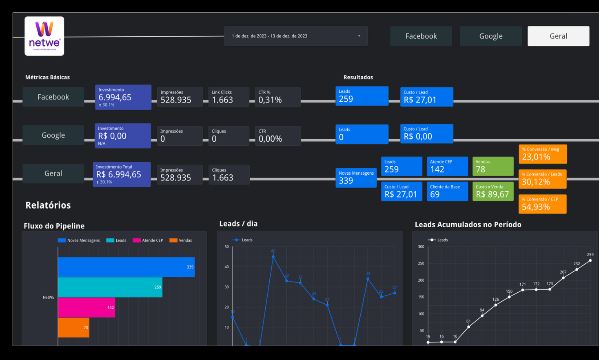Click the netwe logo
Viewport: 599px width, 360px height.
coord(44,36)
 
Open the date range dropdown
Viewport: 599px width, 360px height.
coord(295,36)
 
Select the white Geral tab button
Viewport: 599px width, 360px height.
coord(558,36)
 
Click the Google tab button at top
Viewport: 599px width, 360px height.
coord(490,36)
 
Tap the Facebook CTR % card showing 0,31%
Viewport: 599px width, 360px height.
coord(277,97)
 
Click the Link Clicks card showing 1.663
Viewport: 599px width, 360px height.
coord(229,97)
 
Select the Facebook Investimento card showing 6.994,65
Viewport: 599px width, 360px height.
coord(123,97)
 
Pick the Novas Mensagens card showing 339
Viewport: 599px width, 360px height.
coord(356,178)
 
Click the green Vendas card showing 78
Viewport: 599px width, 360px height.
coord(493,166)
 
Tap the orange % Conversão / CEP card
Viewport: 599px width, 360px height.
coord(542,204)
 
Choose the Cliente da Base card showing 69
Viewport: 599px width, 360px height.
coord(447,191)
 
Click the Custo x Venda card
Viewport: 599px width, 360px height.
coord(493,191)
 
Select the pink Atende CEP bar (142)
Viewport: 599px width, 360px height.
coord(86,307)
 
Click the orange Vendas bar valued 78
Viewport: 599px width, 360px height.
coord(73,327)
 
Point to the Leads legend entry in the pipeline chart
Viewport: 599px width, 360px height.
coord(116,240)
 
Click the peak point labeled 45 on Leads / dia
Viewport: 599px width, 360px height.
coord(273,257)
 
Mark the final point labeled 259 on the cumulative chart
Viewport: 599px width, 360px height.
coord(590,260)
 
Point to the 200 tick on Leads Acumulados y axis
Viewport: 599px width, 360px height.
coord(421,280)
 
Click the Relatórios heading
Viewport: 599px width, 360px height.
coord(48,205)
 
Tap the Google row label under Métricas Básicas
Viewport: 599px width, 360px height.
coord(53,135)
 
